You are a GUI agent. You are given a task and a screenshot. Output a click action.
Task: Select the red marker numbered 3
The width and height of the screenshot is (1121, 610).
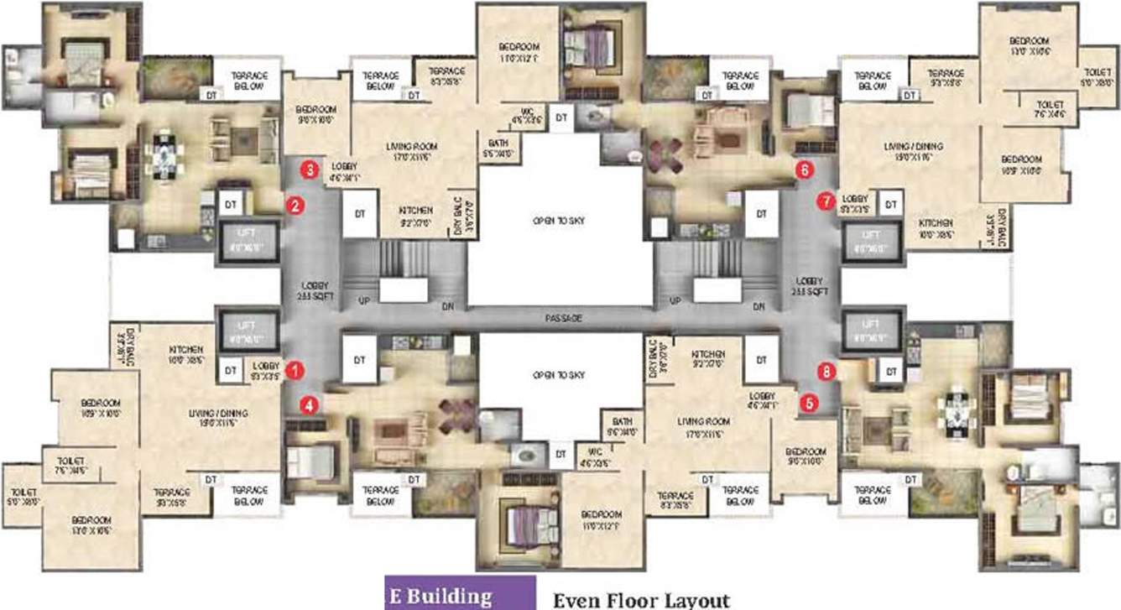[x=310, y=170]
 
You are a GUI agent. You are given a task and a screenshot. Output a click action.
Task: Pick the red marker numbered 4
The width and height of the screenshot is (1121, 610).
[x=310, y=404]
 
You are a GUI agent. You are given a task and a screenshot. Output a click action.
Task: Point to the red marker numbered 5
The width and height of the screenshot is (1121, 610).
[x=809, y=402]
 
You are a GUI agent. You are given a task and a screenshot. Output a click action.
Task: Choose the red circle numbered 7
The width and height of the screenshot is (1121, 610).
[x=826, y=201]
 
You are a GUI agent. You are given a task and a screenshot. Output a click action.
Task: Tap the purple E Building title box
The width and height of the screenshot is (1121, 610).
[x=459, y=595]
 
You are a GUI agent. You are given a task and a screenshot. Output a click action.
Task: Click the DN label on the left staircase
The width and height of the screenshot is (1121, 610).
[x=449, y=307]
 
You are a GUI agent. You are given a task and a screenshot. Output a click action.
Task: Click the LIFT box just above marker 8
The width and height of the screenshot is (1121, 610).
[x=872, y=326]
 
